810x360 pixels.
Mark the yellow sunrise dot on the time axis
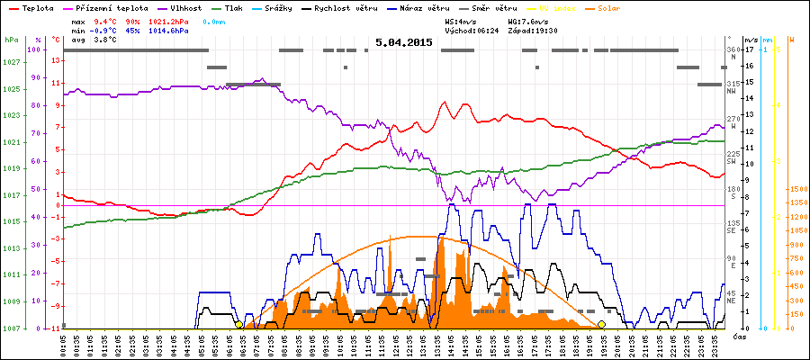pyautogui.click(x=238, y=324)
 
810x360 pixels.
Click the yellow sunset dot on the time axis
pyautogui.click(x=601, y=324)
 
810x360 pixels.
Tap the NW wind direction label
pyautogui.click(x=733, y=91)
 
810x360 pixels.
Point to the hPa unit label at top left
pyautogui.click(x=11, y=40)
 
